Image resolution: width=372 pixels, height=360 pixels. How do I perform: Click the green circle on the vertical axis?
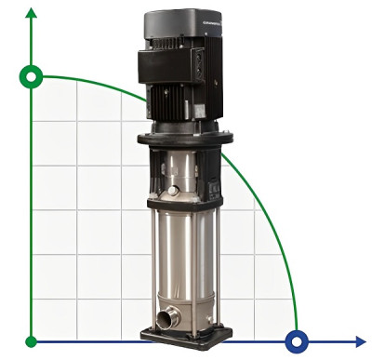pos(33,76)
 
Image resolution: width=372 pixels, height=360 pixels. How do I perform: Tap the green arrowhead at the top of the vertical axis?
pos(33,13)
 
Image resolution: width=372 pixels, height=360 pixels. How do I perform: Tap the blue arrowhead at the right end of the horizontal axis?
pos(361,340)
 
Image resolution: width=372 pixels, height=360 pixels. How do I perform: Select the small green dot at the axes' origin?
pos(33,340)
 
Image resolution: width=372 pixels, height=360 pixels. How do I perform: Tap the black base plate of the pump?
pos(186,337)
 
